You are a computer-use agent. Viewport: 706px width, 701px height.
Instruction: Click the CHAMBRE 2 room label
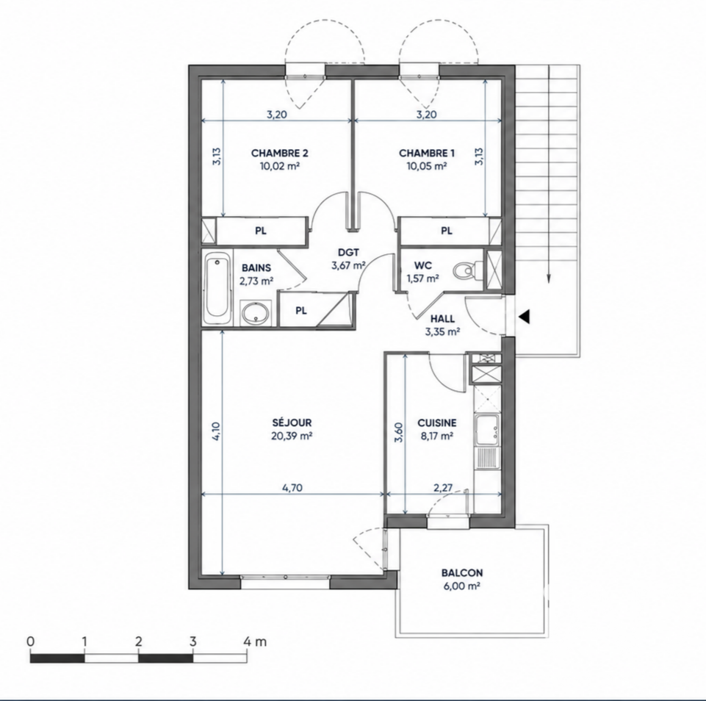(280, 153)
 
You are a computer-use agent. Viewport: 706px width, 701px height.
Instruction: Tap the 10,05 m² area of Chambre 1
(426, 165)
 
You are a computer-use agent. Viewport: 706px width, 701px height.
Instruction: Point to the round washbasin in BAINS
(256, 312)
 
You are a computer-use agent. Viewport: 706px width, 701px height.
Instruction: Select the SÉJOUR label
(292, 423)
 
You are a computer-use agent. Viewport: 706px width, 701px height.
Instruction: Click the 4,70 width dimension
(292, 488)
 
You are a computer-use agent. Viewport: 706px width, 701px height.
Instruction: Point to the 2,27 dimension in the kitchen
(443, 488)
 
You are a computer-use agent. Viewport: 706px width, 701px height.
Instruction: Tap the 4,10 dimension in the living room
(216, 431)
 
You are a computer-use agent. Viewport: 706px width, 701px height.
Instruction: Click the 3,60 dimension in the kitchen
(399, 433)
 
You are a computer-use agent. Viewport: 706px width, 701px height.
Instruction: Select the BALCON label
(462, 573)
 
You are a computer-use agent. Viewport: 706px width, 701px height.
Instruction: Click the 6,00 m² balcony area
(461, 586)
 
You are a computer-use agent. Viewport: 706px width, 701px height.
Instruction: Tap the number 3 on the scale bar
(192, 641)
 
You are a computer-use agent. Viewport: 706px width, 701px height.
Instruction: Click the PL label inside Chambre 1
(446, 231)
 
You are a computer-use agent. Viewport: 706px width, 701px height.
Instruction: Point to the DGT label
(348, 253)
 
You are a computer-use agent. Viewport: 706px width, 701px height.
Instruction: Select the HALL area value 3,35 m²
(442, 332)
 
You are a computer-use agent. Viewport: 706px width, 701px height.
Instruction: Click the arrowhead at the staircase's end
(549, 278)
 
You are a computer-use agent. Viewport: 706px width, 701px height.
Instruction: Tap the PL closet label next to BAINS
(301, 311)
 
